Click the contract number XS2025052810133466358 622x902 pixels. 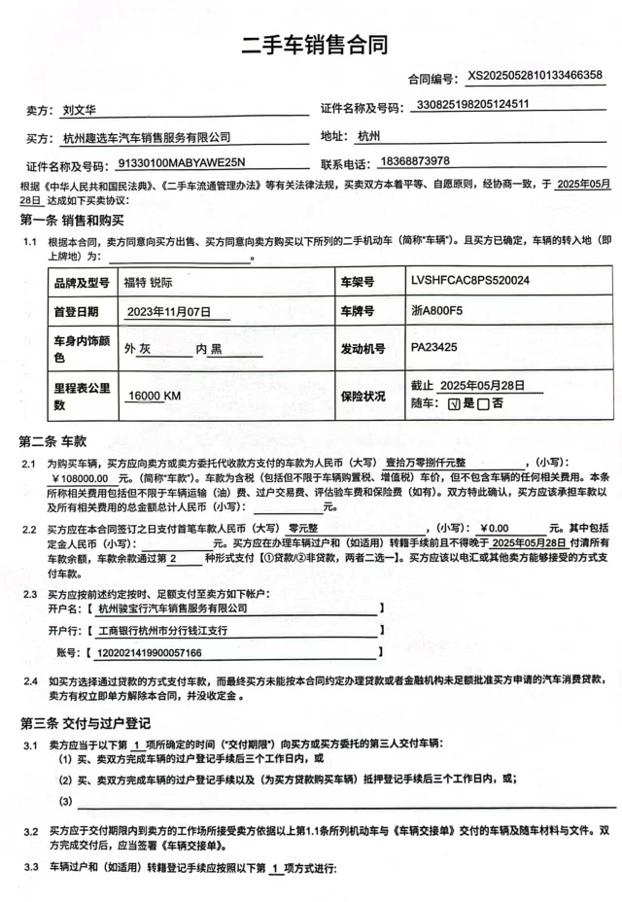[535, 75]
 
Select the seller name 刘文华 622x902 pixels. [79, 111]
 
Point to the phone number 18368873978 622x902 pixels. [416, 161]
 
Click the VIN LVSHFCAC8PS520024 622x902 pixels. [469, 281]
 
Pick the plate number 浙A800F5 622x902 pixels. [438, 313]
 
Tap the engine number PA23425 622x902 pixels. [433, 346]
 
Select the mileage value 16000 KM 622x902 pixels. [155, 396]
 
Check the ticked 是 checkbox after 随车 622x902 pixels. [450, 404]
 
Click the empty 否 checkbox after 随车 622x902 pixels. [483, 404]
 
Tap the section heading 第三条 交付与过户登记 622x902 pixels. [85, 723]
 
